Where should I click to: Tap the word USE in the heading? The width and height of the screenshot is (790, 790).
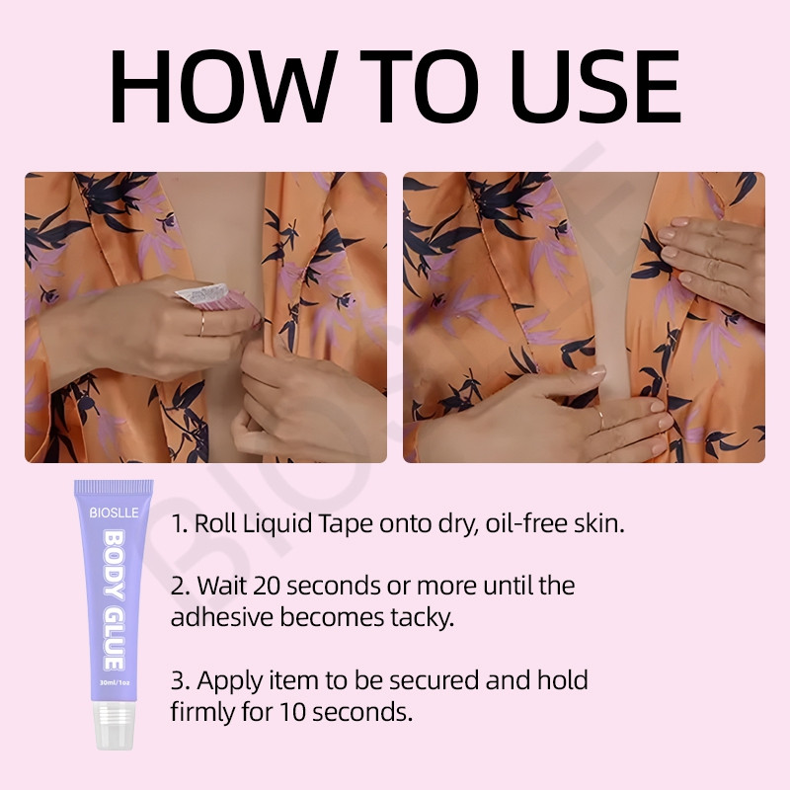595,86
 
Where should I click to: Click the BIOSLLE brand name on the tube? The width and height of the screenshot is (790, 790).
114,513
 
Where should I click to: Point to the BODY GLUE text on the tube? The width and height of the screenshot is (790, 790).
114,600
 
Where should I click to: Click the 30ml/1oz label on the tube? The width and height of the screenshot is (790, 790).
115,682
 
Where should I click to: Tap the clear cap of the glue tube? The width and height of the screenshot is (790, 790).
115,725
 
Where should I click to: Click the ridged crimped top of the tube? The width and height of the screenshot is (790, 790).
114,487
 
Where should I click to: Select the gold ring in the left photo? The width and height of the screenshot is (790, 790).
201,324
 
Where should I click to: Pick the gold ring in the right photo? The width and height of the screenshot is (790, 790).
600,418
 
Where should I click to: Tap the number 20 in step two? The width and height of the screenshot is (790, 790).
267,586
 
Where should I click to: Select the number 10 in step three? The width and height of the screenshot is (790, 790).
292,712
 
